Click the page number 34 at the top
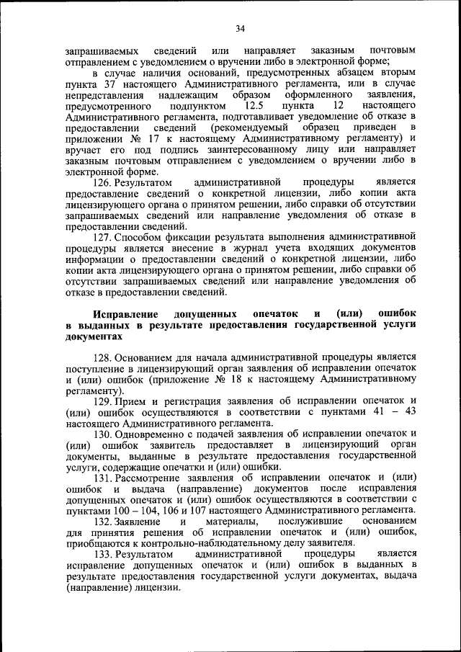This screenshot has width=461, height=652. pos(240,28)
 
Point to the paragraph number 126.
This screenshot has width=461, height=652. pos(104,182)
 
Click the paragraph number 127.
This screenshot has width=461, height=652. pos(104,236)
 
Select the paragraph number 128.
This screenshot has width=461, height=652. pos(104,357)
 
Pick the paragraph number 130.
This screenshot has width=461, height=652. pos(104,432)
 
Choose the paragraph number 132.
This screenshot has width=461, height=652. pos(104,521)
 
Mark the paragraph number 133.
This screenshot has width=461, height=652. pos(104,554)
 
